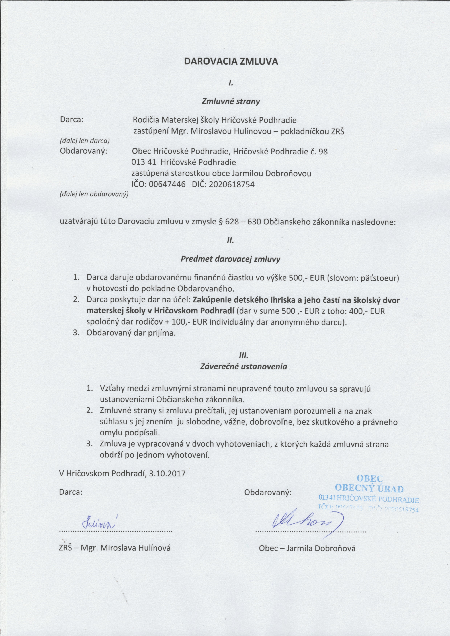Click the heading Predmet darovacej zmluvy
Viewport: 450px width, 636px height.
(230, 259)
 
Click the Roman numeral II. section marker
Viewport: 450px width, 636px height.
(231, 240)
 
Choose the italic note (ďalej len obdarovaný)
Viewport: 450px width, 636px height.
(94, 194)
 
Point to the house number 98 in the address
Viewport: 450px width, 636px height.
(323, 152)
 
